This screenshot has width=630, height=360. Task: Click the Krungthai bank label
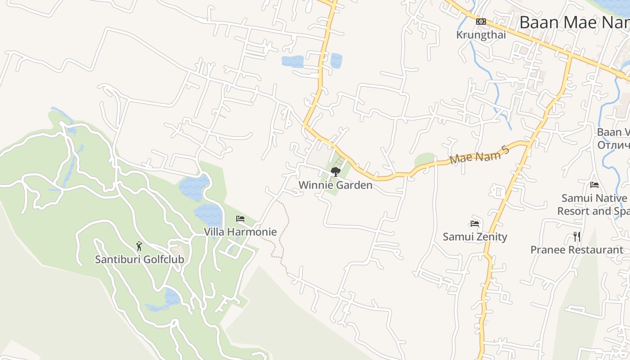pos(481,35)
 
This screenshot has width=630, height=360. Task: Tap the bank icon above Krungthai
pos(481,22)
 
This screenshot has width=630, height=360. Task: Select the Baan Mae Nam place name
pos(574,22)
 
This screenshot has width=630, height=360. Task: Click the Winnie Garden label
pos(336,185)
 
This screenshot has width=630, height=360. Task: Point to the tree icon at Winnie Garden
pos(335,171)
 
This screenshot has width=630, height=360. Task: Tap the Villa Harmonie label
pos(240,232)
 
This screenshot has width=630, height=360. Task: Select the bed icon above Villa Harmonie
pos(240,219)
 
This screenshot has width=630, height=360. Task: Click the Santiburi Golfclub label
pos(139,259)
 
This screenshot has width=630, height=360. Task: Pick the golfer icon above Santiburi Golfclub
pos(139,246)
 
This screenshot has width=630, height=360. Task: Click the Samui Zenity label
pos(475,237)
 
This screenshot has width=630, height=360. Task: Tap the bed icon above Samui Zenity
pos(475,224)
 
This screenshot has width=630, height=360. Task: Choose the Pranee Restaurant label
pos(577,250)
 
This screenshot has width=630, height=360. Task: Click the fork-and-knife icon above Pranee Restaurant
pos(577,237)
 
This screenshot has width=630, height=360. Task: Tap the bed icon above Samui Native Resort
pos(594,184)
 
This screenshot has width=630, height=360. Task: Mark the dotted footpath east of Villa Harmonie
pos(283,234)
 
